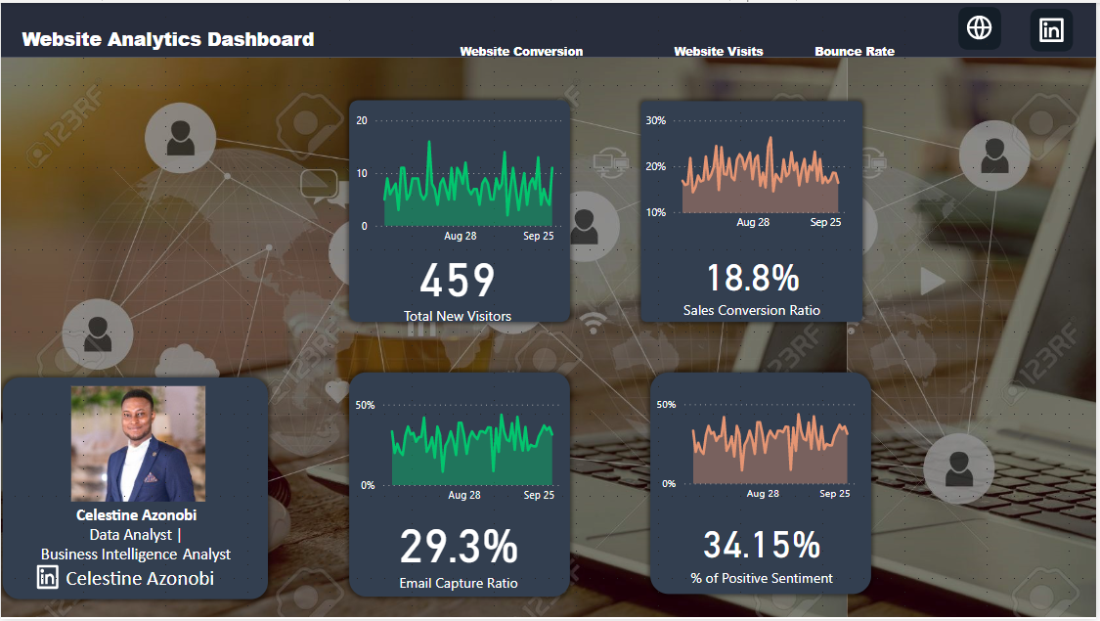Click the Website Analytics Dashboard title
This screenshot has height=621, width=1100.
coord(168,40)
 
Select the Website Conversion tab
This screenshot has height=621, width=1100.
coord(521,52)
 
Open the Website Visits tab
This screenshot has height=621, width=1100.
coord(719,52)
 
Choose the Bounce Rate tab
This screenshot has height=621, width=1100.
coord(855,52)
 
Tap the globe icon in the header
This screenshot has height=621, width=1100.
coord(979,27)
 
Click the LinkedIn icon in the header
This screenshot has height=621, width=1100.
coord(1051,30)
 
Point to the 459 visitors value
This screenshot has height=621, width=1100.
coord(458,281)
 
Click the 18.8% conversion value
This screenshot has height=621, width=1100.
coord(752,279)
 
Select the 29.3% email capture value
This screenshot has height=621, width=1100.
coord(459,548)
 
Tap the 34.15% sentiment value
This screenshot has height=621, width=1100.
coord(762,545)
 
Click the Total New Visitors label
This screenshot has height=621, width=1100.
coord(458,316)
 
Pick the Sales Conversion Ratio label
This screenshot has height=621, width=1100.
coord(752,310)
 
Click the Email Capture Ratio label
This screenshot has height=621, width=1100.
coord(459,583)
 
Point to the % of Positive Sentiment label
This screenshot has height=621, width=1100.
coord(762,578)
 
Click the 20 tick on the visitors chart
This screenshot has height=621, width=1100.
coord(363,121)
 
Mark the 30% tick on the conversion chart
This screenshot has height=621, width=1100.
coord(655,121)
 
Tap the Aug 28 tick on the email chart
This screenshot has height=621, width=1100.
coord(464,496)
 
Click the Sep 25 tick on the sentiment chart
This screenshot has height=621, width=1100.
coord(835,494)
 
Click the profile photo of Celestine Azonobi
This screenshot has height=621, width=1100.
coord(138,443)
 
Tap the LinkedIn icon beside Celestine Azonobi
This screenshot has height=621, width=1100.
coord(48,577)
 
